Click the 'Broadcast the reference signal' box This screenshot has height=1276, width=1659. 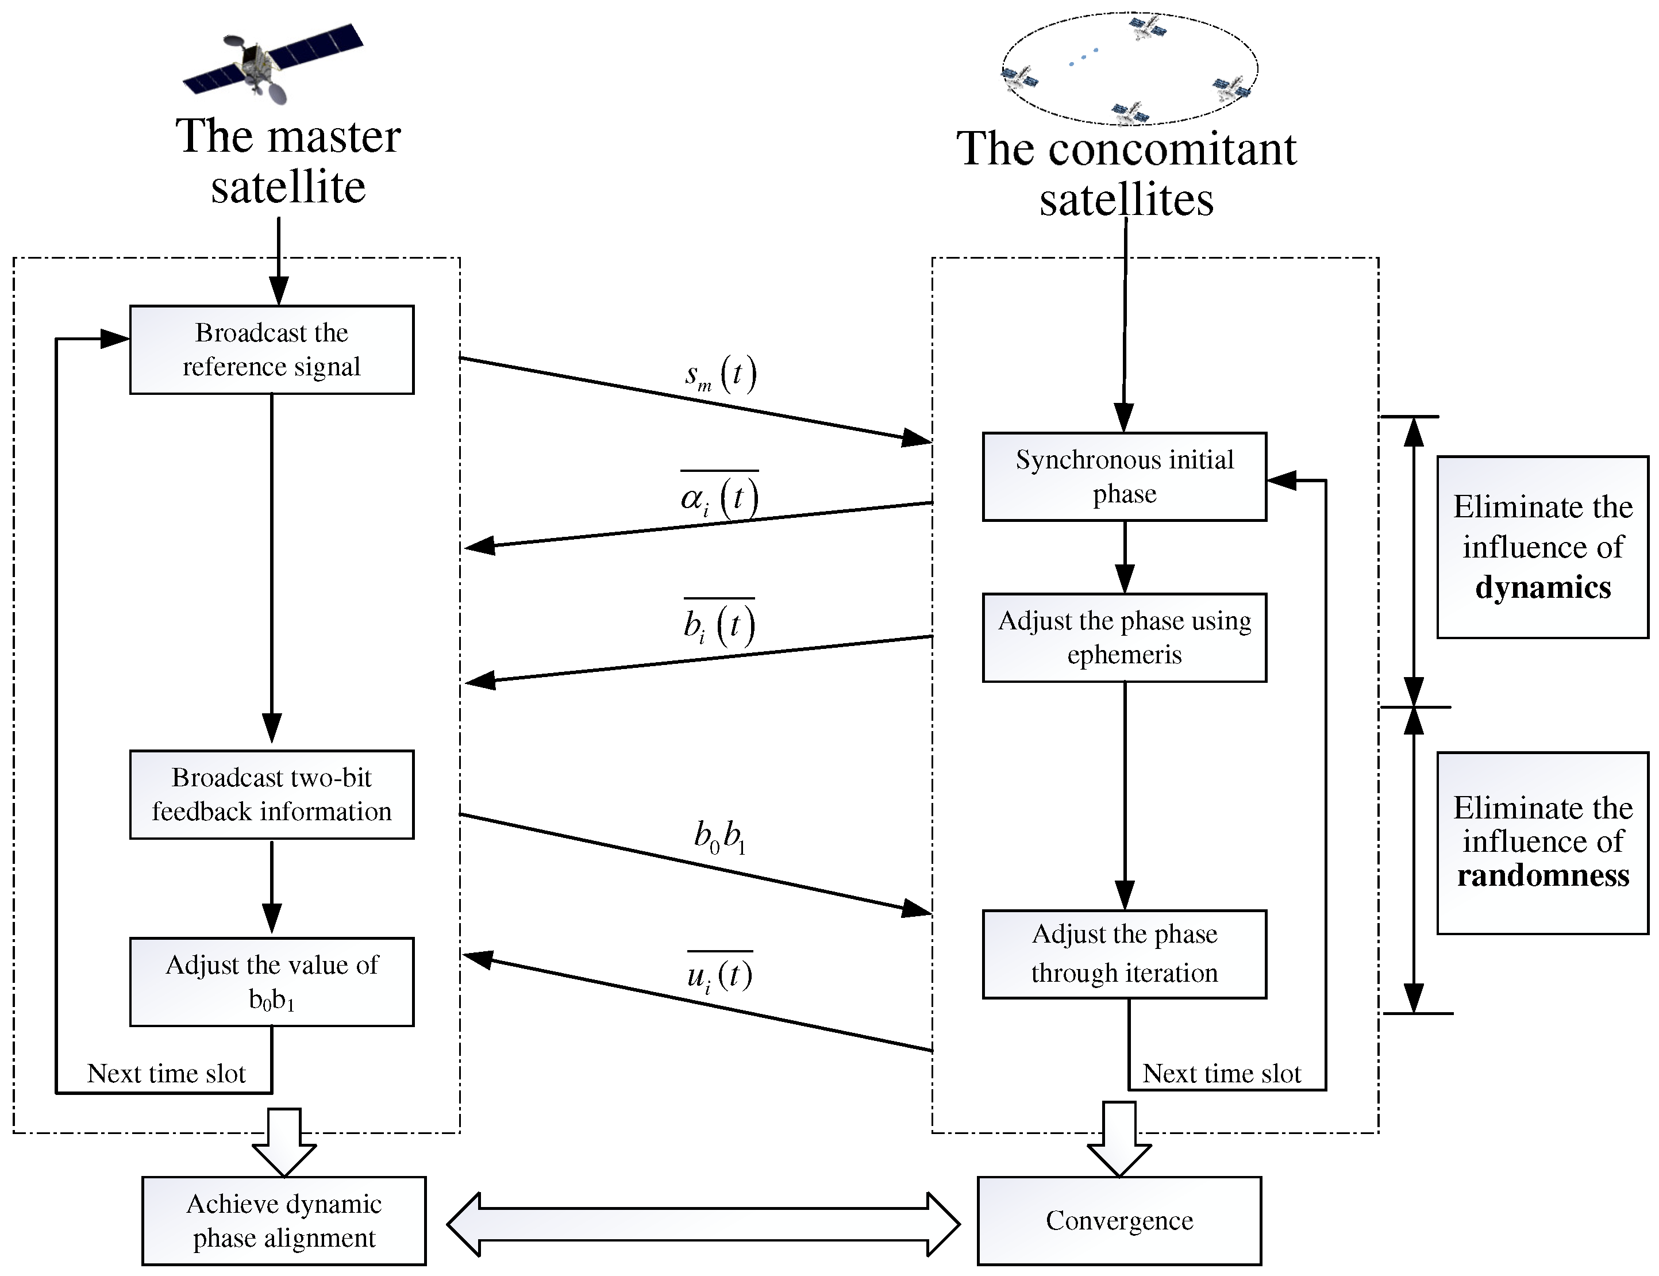pyautogui.click(x=271, y=349)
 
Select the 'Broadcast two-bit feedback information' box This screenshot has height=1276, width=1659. pyautogui.click(x=271, y=794)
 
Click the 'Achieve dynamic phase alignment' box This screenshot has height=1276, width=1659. pyautogui.click(x=283, y=1221)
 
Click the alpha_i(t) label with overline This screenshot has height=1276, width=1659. pyautogui.click(x=719, y=498)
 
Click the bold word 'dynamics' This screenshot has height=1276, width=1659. pyautogui.click(x=1542, y=587)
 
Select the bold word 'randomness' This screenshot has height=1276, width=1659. pyautogui.click(x=1542, y=875)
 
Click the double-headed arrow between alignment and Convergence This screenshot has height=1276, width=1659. pyautogui.click(x=703, y=1224)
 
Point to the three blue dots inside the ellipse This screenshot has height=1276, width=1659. pyautogui.click(x=1083, y=57)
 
